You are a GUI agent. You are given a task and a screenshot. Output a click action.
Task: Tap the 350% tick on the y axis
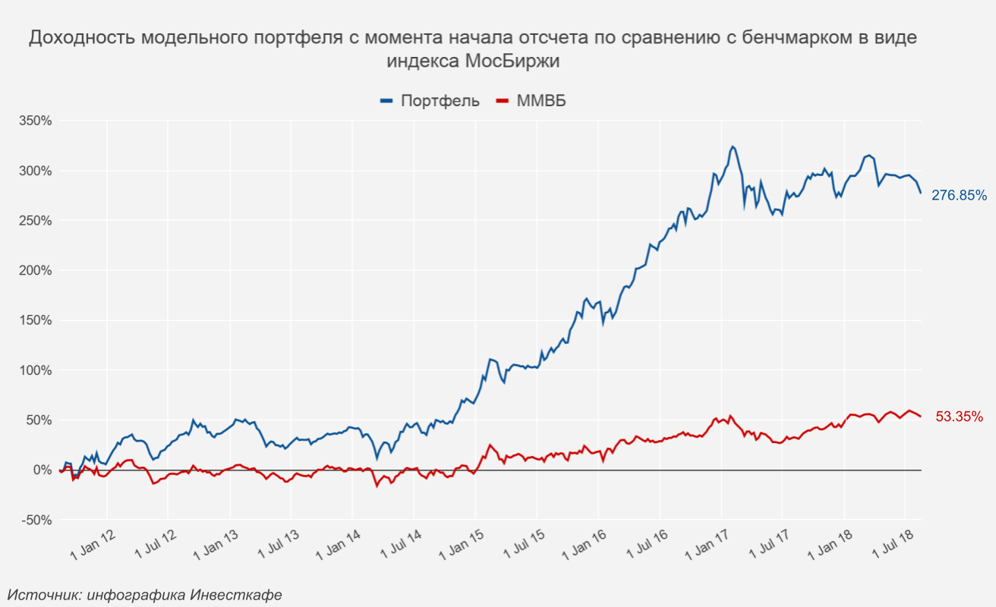tap(36, 121)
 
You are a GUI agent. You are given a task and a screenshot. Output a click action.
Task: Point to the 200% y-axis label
tap(36, 271)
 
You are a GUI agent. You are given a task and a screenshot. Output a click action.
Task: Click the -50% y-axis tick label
tap(36, 521)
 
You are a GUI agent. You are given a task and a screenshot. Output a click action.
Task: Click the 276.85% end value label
tap(959, 195)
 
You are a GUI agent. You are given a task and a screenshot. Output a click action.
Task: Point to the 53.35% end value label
tap(959, 417)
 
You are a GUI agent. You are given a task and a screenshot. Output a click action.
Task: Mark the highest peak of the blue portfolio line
tap(732, 146)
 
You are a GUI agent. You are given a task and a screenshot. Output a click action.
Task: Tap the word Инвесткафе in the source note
tap(236, 595)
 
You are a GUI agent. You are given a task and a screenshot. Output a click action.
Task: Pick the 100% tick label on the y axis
tap(36, 371)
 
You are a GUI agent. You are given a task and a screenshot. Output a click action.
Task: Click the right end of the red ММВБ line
tap(921, 417)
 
